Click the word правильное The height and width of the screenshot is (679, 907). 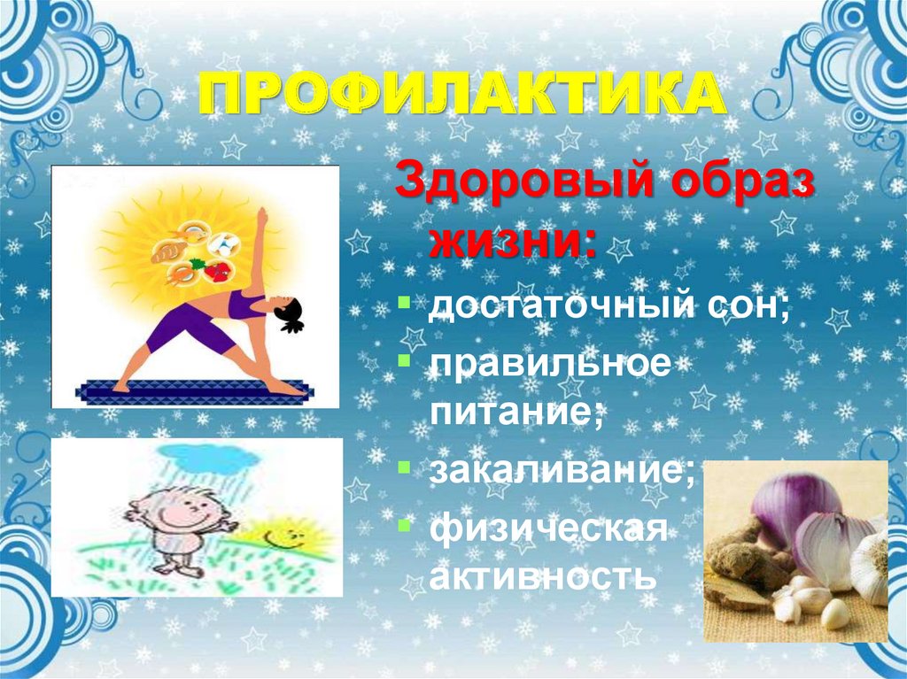550,364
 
